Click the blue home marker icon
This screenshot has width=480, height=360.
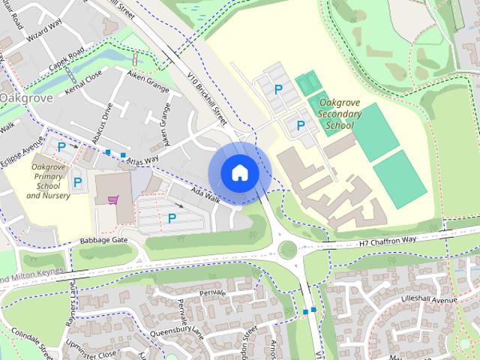[x=239, y=172]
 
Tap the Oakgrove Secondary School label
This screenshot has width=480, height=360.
[x=340, y=113]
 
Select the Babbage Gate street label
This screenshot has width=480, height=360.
[x=105, y=240]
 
